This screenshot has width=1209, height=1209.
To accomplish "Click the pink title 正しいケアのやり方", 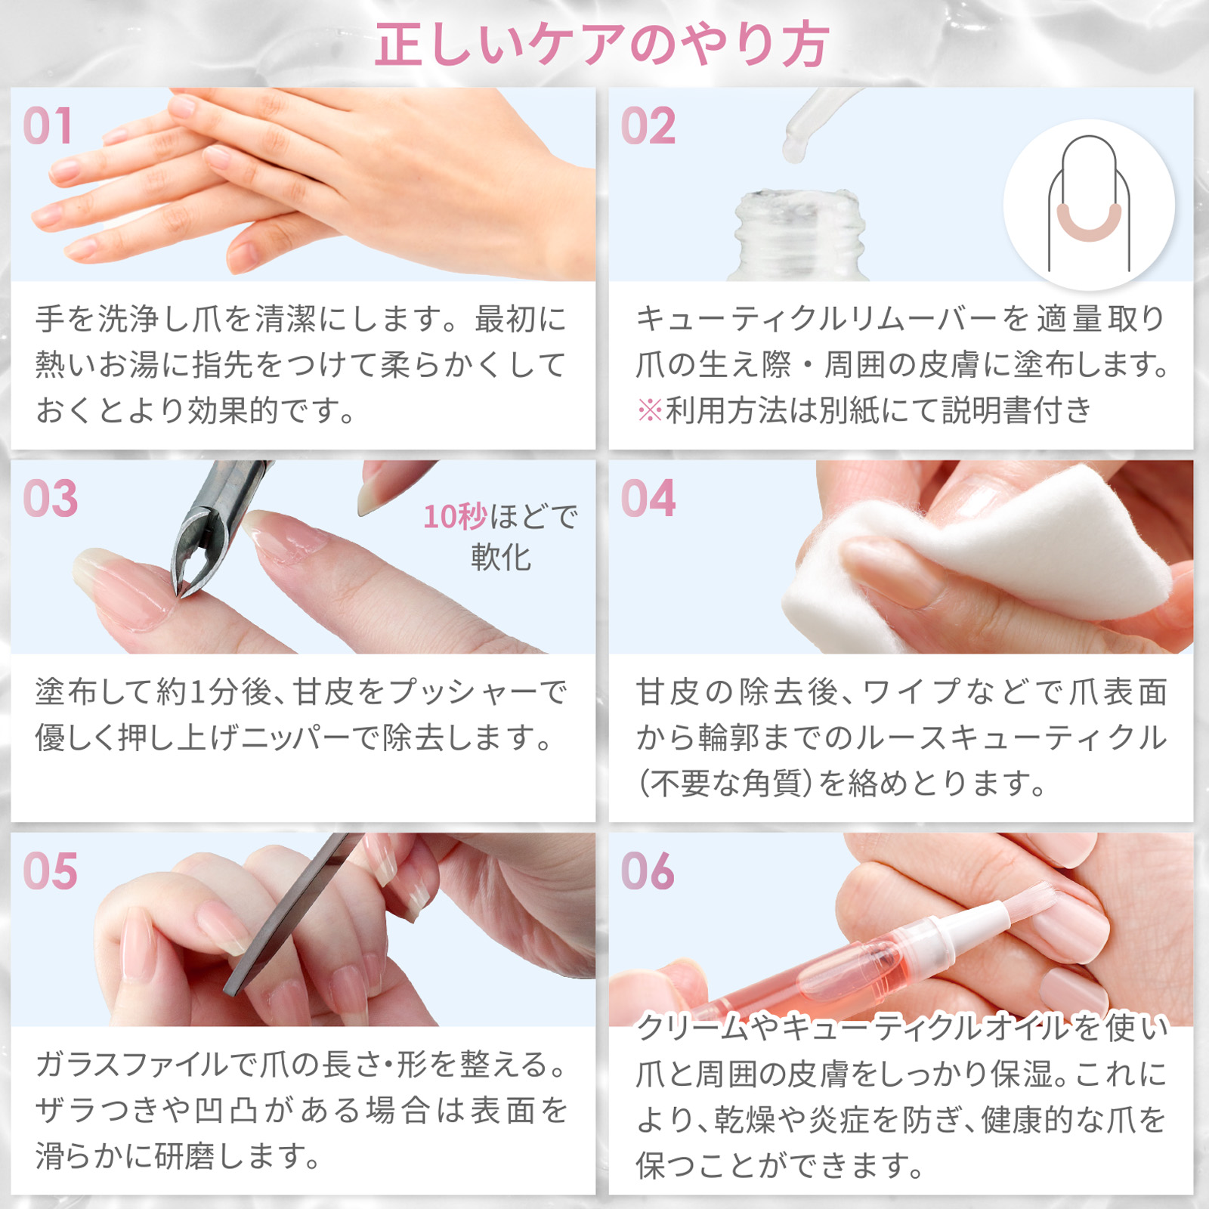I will click(602, 45).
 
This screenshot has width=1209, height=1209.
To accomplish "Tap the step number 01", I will click(48, 126).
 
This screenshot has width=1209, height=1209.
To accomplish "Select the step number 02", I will click(648, 126).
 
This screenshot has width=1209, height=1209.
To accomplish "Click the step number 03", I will click(50, 499).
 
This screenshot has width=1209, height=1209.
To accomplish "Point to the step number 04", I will click(648, 499).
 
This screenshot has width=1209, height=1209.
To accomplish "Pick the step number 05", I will click(50, 871).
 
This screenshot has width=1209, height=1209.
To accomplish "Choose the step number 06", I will click(648, 871).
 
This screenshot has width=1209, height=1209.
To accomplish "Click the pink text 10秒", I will click(455, 518).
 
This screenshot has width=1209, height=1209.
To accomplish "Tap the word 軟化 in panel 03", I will click(500, 558).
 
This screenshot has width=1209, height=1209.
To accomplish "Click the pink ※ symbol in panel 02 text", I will click(649, 411).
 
